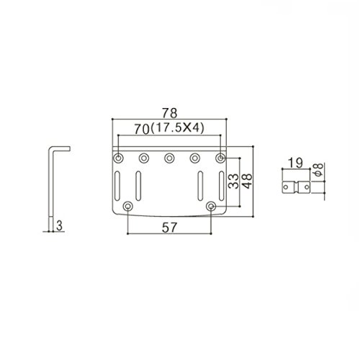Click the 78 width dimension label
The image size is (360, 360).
pyautogui.click(x=169, y=113)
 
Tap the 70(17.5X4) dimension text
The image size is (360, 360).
pyautogui.click(x=169, y=128)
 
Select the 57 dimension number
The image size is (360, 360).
pyautogui.click(x=169, y=228)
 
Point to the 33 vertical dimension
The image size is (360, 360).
pyautogui.click(x=233, y=181)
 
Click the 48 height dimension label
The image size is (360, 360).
pyautogui.click(x=247, y=181)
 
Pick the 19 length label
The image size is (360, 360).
pyautogui.click(x=295, y=163)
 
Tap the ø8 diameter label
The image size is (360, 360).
pyautogui.click(x=319, y=170)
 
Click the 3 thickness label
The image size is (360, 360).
pyautogui.click(x=59, y=225)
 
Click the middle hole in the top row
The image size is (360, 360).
pyautogui.click(x=169, y=158)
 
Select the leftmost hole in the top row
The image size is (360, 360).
pyautogui.click(x=118, y=158)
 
